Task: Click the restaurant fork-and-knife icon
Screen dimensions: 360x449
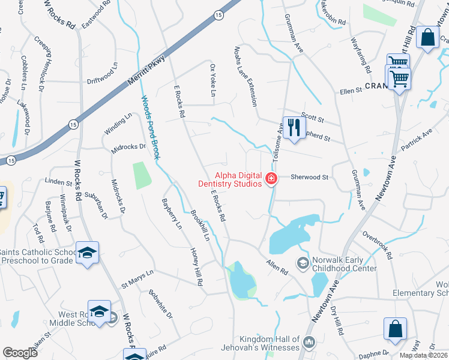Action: pyautogui.click(x=294, y=128)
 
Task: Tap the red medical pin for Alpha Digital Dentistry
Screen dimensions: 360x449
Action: pyautogui.click(x=271, y=178)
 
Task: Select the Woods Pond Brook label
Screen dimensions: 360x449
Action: pyautogui.click(x=151, y=127)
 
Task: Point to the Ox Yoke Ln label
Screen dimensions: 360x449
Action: pyautogui.click(x=212, y=80)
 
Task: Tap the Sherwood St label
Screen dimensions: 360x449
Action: pyautogui.click(x=309, y=178)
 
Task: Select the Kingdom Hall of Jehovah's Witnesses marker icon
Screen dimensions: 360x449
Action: pyautogui.click(x=309, y=342)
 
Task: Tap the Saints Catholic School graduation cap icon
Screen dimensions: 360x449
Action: pyautogui.click(x=87, y=253)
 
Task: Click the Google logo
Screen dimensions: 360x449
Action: pyautogui.click(x=20, y=353)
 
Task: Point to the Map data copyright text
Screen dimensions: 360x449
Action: pyautogui.click(x=424, y=355)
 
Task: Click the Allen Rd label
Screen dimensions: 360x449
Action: pyautogui.click(x=277, y=267)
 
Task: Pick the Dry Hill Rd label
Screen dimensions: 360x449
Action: pyautogui.click(x=337, y=321)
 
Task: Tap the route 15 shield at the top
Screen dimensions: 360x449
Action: pyautogui.click(x=217, y=14)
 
